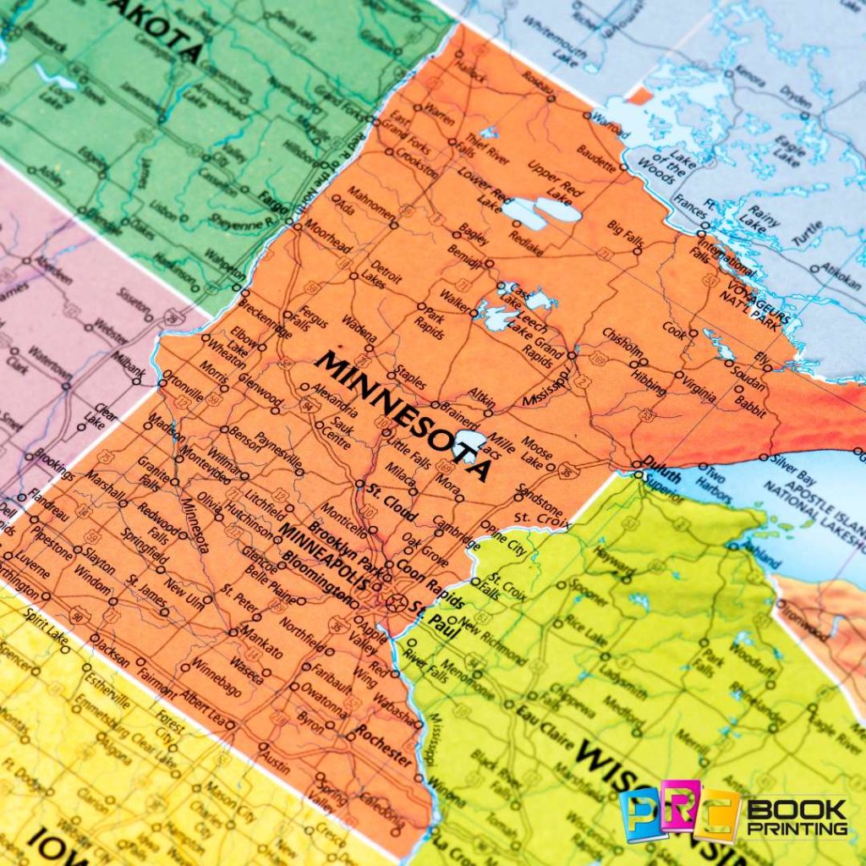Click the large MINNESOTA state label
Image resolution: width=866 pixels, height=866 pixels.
click(x=403, y=415)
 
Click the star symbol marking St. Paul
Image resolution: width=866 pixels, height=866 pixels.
click(x=395, y=602)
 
